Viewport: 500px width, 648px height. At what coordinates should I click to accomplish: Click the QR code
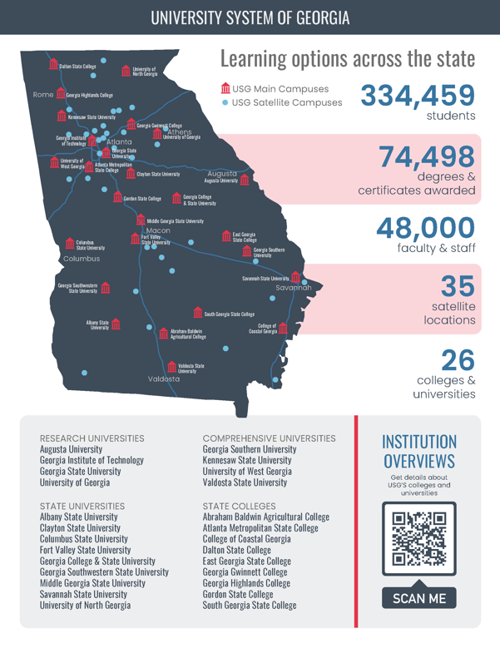click(419, 539)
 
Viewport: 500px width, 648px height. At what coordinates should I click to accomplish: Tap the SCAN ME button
click(419, 598)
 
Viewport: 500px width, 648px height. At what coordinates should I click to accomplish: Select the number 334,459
click(417, 95)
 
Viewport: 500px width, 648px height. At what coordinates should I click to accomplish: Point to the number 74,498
click(427, 156)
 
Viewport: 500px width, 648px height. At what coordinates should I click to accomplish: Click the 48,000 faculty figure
click(425, 228)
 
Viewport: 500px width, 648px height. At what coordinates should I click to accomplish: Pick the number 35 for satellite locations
click(457, 286)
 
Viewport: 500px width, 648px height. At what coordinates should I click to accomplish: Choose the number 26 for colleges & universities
click(458, 359)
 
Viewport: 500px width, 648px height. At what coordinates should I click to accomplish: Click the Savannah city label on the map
click(293, 287)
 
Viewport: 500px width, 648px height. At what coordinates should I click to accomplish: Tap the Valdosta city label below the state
click(164, 378)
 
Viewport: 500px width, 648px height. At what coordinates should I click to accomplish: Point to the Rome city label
click(43, 95)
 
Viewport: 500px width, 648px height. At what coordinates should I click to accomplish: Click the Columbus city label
click(82, 259)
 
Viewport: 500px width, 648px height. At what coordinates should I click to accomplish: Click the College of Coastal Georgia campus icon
click(284, 329)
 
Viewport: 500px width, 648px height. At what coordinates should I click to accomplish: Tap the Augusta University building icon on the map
click(244, 180)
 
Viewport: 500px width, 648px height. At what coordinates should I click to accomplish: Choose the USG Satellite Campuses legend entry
click(282, 103)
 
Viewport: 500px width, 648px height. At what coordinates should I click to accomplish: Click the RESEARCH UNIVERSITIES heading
click(92, 438)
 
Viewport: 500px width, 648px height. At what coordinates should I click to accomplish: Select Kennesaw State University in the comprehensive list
click(247, 460)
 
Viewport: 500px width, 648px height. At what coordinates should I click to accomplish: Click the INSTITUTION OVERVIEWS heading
click(418, 451)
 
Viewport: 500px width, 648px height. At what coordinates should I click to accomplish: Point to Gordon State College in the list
click(237, 595)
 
